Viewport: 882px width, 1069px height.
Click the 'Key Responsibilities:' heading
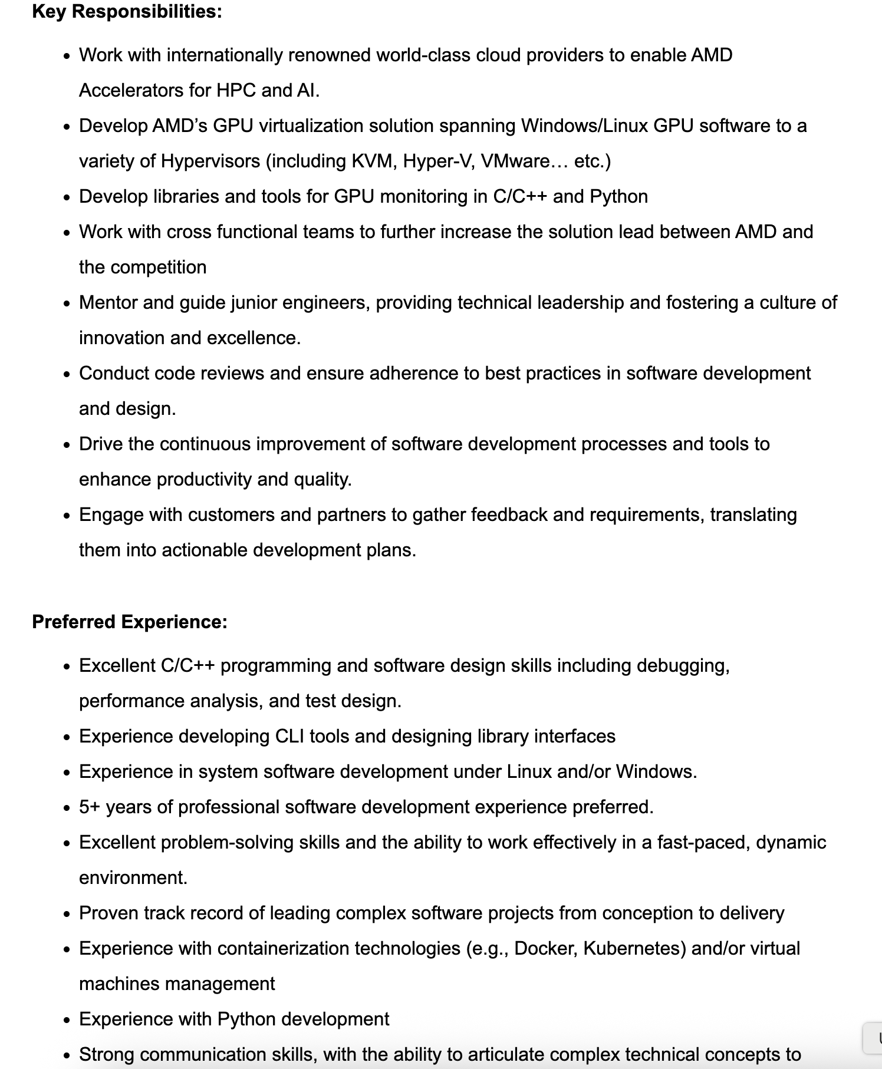(x=127, y=11)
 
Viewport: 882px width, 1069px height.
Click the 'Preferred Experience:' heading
(x=130, y=622)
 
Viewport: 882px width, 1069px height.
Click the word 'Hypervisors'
(x=210, y=161)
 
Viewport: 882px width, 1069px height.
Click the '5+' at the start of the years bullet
(x=90, y=807)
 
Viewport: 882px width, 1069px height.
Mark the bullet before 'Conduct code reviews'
(x=68, y=374)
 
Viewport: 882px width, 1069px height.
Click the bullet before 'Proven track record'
(x=68, y=914)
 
